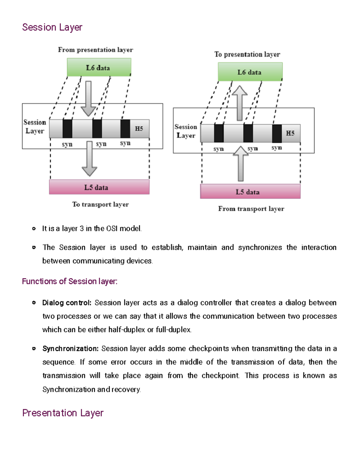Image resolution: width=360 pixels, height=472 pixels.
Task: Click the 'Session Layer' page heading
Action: pyautogui.click(x=52, y=27)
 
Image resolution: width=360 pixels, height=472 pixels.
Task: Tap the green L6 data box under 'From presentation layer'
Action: pyautogui.click(x=99, y=67)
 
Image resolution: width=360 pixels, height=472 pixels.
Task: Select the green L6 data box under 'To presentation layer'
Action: pyautogui.click(x=250, y=72)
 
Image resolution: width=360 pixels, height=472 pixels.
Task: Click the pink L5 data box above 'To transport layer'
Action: pyautogui.click(x=99, y=187)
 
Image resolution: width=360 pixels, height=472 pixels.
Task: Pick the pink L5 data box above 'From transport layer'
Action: pyautogui.click(x=250, y=192)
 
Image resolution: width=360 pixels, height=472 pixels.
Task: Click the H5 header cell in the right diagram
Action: pyautogui.click(x=290, y=133)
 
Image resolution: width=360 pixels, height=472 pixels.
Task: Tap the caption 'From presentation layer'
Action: pyautogui.click(x=95, y=50)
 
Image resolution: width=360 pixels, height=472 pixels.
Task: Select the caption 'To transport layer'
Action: pyautogui.click(x=100, y=204)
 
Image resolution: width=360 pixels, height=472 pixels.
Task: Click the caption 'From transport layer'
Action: pyautogui.click(x=251, y=209)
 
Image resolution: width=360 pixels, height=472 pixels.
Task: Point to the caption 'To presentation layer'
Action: pyautogui.click(x=247, y=54)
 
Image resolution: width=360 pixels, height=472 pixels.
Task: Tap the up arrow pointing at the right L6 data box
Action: pyautogui.click(x=239, y=103)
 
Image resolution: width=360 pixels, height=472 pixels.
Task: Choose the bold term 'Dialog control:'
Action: pyautogui.click(x=67, y=303)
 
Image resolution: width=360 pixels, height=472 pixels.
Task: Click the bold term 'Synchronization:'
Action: pyautogui.click(x=70, y=349)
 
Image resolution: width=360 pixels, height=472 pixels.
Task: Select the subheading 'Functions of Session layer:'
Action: pyautogui.click(x=70, y=281)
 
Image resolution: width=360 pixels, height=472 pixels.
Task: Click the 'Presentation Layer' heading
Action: pyautogui.click(x=63, y=413)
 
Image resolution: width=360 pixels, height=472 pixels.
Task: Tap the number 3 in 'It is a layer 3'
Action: pyautogui.click(x=82, y=229)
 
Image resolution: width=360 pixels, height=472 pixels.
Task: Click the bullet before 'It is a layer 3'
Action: pyautogui.click(x=34, y=229)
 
